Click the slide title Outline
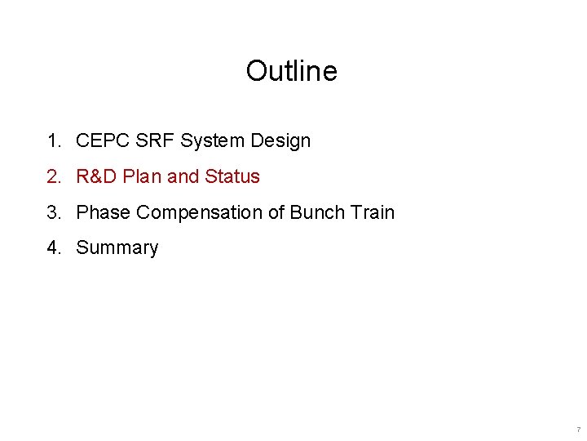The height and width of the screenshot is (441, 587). [x=291, y=71]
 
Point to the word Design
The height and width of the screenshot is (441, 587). [x=280, y=140]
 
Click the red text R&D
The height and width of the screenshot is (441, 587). [x=97, y=176]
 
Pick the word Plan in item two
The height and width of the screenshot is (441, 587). [x=143, y=176]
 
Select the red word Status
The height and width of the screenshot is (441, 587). [x=232, y=176]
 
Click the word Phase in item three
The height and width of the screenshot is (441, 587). [x=104, y=212]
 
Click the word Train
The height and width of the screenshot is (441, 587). [x=372, y=212]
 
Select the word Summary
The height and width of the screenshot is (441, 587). [x=117, y=247]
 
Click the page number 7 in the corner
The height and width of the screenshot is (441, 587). [x=578, y=430]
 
